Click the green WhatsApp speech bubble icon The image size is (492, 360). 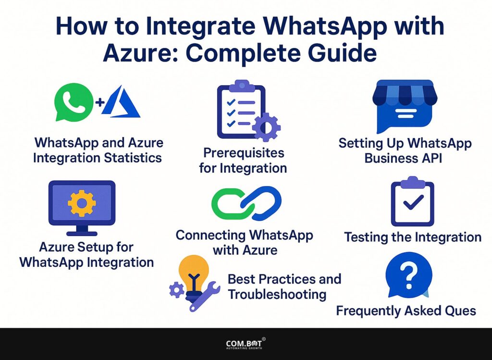74,101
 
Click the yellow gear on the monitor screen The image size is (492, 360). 82,204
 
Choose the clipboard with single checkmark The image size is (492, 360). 412,201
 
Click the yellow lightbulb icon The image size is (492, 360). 194,272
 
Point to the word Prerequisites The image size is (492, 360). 244,153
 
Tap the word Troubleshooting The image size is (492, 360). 277,294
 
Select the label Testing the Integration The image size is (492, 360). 412,237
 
